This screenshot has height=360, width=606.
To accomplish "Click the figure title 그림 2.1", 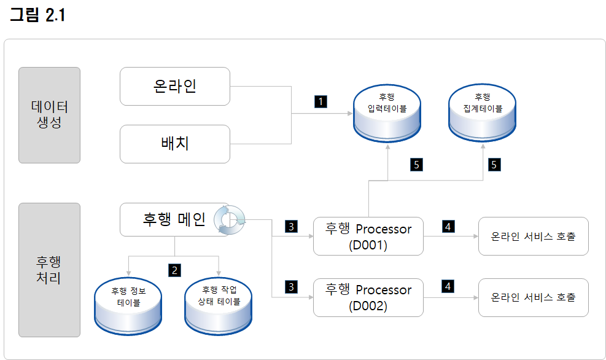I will [37, 16].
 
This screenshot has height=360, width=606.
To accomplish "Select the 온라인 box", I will [174, 86].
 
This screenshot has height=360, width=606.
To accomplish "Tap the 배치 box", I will [174, 144].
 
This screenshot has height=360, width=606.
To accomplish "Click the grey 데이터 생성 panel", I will [49, 115].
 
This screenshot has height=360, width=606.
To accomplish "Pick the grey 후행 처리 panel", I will [49, 270].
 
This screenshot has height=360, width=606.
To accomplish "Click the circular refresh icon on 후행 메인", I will [230, 219].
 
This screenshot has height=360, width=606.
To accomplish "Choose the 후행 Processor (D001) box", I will [368, 236].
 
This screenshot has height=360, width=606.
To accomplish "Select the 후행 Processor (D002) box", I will [368, 297].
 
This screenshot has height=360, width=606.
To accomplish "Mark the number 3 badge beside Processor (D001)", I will [292, 227].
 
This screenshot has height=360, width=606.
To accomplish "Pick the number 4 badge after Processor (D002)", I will [448, 286].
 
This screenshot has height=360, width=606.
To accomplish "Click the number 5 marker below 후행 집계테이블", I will [494, 164].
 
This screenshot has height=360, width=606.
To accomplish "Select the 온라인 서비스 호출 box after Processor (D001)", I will [533, 236].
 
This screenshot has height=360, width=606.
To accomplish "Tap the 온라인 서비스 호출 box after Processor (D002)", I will [533, 297].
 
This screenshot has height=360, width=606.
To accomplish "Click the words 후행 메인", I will [174, 219].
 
